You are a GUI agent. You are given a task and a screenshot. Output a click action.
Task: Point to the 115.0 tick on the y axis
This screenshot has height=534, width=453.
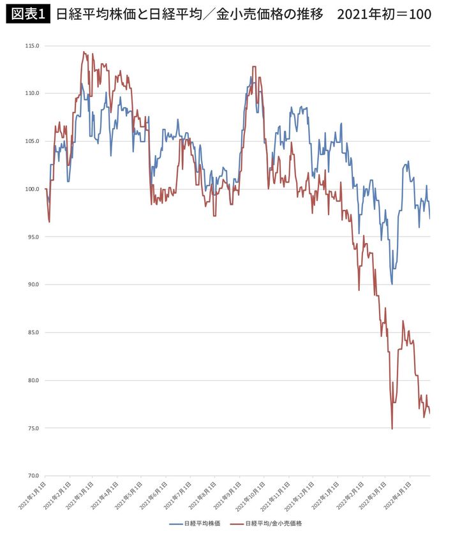[32, 46]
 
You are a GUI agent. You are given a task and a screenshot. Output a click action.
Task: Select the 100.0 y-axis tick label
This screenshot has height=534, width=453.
[32, 189]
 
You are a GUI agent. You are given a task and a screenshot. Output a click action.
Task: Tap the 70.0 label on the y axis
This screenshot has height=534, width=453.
[32, 476]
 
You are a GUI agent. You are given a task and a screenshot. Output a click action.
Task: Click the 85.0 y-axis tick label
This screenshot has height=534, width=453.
[32, 332]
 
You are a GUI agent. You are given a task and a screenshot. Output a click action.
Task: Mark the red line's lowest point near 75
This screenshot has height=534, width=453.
[392, 429]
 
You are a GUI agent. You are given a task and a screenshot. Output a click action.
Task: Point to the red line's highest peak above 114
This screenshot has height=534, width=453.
[84, 52]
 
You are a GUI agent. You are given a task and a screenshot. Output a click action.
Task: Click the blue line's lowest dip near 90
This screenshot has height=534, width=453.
[392, 284]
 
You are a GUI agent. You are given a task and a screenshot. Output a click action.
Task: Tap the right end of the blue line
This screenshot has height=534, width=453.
[429, 218]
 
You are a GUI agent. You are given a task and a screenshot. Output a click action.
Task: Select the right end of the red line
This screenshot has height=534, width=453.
[429, 413]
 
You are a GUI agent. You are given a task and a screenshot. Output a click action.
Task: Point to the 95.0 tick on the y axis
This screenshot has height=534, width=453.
[32, 237]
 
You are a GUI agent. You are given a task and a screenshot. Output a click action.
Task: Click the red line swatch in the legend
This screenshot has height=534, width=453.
[235, 523]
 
